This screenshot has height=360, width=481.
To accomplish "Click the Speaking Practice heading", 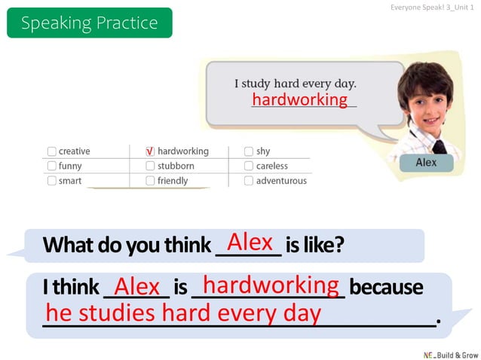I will pos(89,23).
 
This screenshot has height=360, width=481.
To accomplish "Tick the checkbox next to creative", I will pos(51,151).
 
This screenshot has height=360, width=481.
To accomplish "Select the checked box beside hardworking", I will pos(150,151).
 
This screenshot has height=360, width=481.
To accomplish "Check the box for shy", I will pos(248,151).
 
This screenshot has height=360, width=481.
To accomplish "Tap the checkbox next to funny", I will pos(51,166).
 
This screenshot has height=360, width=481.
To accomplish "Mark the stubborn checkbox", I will pos(150,166).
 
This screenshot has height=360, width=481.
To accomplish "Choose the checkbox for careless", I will pos(248,166).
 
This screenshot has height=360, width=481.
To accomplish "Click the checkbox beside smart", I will pos(51,181).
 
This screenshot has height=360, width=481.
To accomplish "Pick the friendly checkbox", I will pos(150,181).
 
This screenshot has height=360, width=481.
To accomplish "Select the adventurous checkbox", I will pos(248,181).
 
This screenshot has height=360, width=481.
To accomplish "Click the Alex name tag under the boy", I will pos(426,162).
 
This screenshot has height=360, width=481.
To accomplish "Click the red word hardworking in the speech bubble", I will pos(299,100).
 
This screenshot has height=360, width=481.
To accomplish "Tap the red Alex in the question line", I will pos(250,243).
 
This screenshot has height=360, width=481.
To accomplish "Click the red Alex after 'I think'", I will pos(137,287).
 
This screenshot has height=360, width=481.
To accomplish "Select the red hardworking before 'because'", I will pos(271,285).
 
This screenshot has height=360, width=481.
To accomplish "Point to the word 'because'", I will pos(386,288).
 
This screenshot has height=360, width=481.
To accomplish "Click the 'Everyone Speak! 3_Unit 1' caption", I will pos(432,7).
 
